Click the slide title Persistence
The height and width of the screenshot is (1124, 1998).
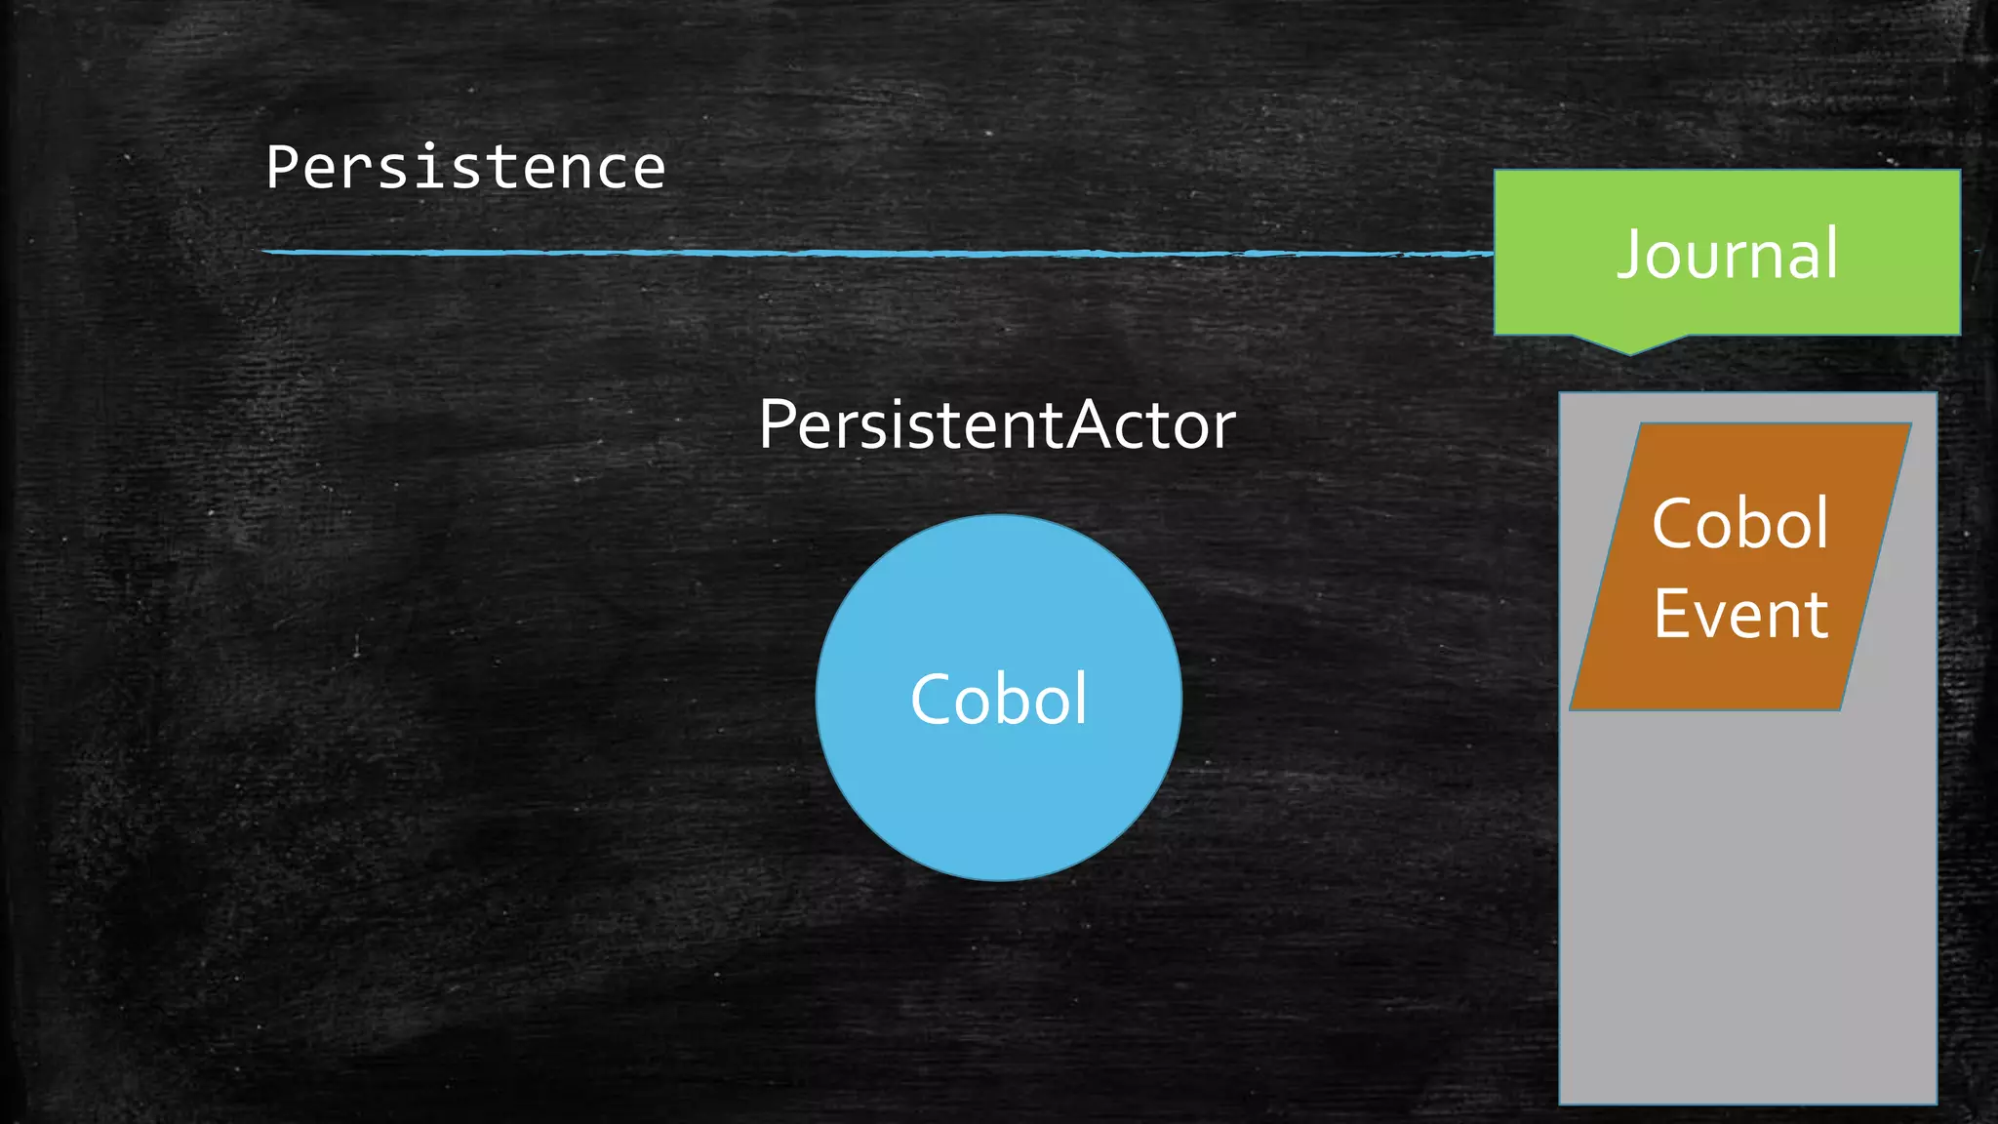[x=465, y=167]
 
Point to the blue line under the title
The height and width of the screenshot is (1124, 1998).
[x=878, y=253]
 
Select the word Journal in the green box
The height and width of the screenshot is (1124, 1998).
[x=1727, y=254]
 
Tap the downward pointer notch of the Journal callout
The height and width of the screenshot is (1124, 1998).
[x=1629, y=346]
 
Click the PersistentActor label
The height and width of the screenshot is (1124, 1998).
[x=997, y=425]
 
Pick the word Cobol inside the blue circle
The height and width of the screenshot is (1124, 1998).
[x=998, y=699]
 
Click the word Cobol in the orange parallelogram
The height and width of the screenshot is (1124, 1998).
[x=1739, y=524]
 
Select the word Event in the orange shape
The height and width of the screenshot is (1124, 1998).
[x=1740, y=615]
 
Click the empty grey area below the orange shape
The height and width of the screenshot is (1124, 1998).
[x=1747, y=907]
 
